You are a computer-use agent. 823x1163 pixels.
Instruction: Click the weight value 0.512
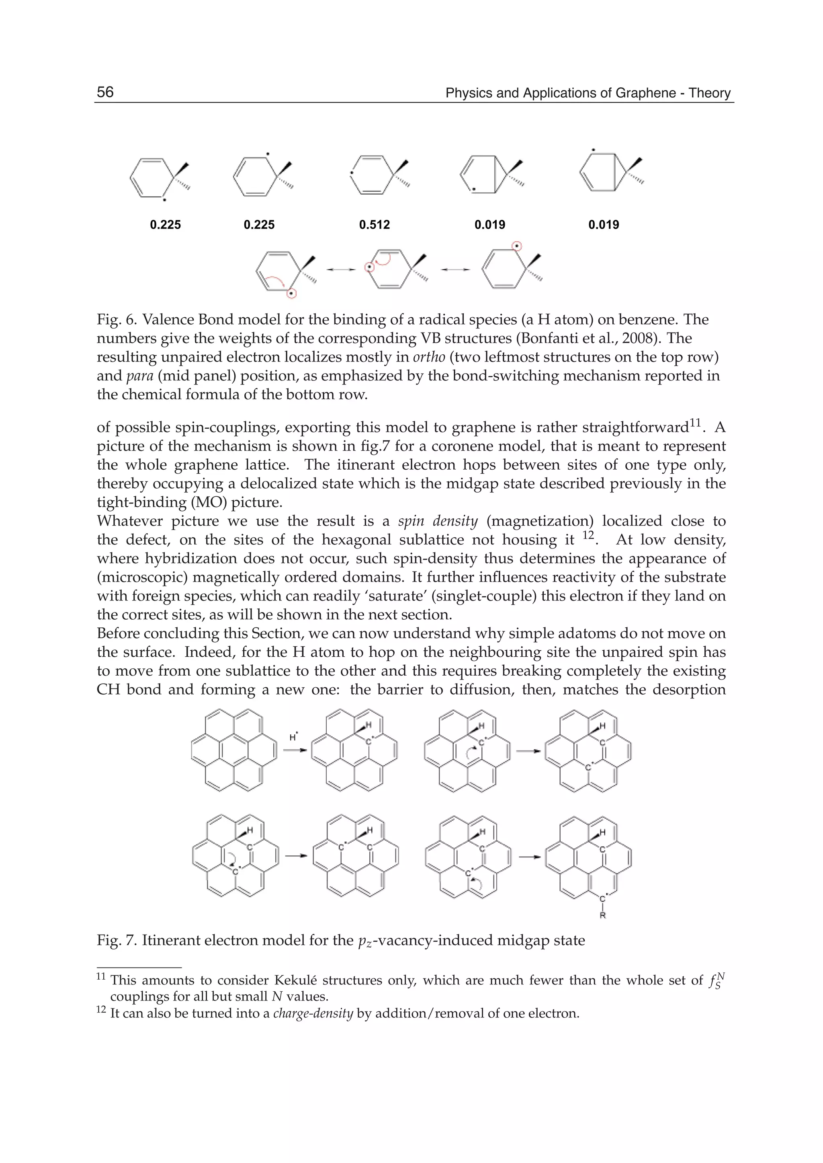pyautogui.click(x=375, y=225)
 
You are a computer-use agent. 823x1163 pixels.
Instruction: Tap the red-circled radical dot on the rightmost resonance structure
pyautogui.click(x=516, y=247)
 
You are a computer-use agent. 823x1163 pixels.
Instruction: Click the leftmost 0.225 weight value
pyautogui.click(x=165, y=225)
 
